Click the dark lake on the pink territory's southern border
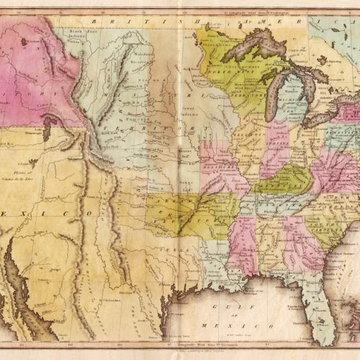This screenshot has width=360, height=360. pos(46,130)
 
